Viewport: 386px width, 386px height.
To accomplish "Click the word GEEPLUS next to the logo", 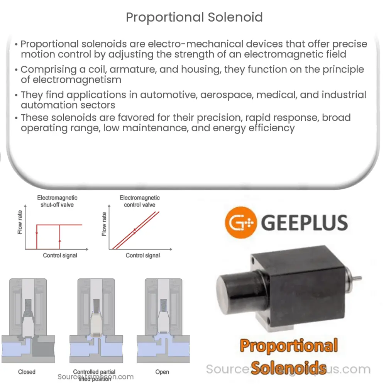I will click(305, 223).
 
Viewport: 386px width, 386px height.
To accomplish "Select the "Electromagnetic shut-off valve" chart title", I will click(57, 201).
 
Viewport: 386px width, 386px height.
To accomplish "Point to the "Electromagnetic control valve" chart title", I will click(139, 201).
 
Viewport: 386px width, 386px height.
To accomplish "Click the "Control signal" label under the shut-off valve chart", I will click(60, 255).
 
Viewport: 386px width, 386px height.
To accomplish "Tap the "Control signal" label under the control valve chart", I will click(143, 255).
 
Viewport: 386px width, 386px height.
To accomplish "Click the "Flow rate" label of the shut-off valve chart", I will click(20, 223).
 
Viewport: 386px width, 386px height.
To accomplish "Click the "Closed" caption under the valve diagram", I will click(27, 372).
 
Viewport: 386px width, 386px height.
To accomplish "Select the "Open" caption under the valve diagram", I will click(162, 372).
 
